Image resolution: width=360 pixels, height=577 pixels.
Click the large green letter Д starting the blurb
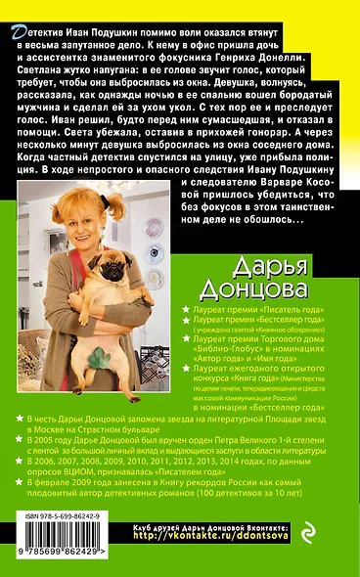click(x=13, y=33)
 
